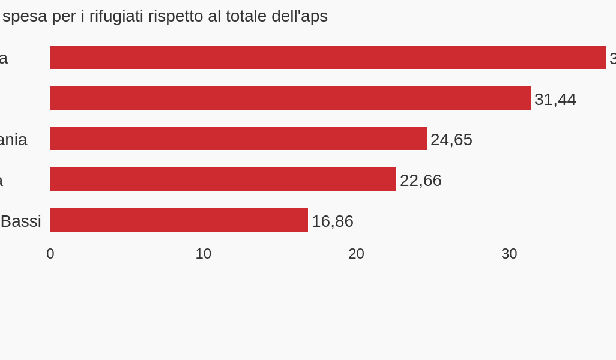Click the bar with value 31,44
pos(290,98)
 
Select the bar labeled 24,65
pos(238,139)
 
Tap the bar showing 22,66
pos(223,179)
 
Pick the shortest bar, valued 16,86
pos(179,220)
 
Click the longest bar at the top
pos(328,58)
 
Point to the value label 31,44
pos(555,100)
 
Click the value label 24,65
pos(451,140)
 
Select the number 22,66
pos(420,181)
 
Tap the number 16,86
pos(332,221)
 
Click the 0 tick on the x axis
pos(50,254)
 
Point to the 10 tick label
pos(203,254)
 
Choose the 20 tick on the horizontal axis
pos(356,254)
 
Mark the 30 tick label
pos(509,254)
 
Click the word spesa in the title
pos(25,17)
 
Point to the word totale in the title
pos(246,16)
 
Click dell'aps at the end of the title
pos(300,17)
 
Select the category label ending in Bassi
pos(20,221)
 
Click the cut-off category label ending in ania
pos(13,140)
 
